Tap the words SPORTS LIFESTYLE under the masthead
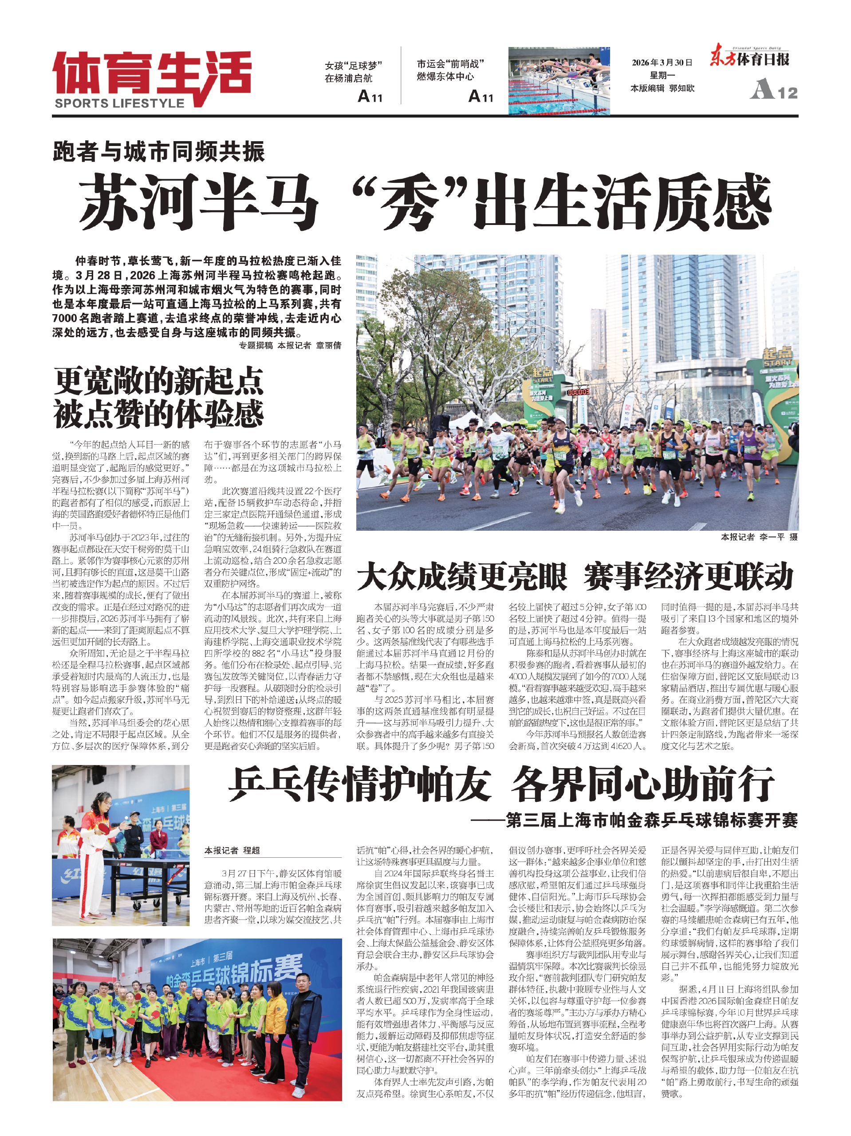pyautogui.click(x=119, y=103)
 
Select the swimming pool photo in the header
pyautogui.click(x=559, y=81)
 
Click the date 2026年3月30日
pyautogui.click(x=662, y=63)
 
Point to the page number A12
pyautogui.click(x=774, y=91)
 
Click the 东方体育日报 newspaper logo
pyautogui.click(x=749, y=59)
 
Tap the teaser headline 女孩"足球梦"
pyautogui.click(x=353, y=66)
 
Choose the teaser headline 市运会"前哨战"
pyautogui.click(x=450, y=64)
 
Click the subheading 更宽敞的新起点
pyautogui.click(x=159, y=381)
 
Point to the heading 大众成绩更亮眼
pyautogui.click(x=462, y=577)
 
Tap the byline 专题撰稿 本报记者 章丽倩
pyautogui.click(x=290, y=346)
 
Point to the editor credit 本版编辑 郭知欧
pyautogui.click(x=662, y=88)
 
